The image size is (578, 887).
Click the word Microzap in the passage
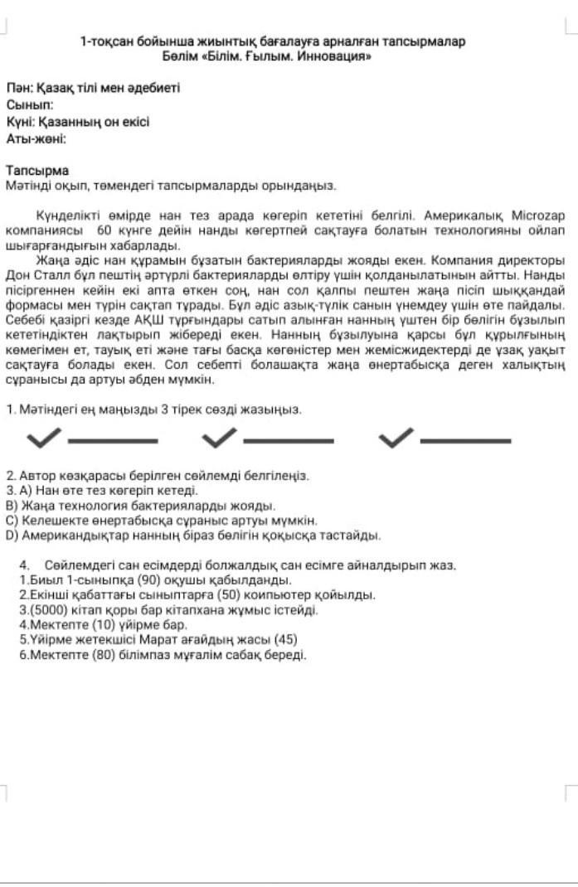[538, 215]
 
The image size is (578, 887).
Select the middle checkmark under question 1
[219, 437]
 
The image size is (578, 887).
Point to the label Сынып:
[30, 105]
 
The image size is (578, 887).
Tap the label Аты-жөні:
[36, 138]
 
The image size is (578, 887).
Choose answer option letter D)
[12, 536]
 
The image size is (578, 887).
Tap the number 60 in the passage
[104, 230]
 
